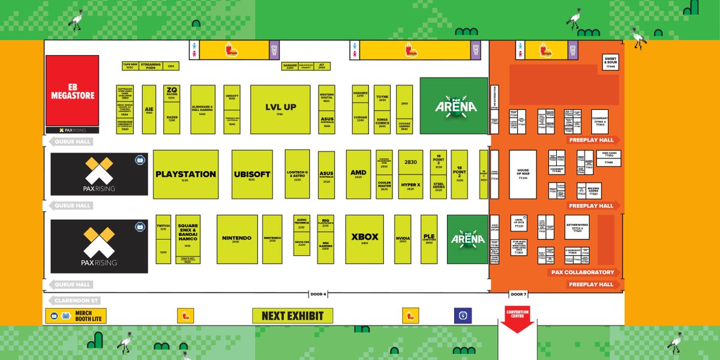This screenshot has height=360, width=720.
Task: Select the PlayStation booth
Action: (x=185, y=174)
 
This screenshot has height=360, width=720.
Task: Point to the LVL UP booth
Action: (x=280, y=109)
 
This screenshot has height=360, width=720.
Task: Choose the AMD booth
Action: (x=358, y=174)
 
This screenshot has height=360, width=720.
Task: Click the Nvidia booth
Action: (x=403, y=239)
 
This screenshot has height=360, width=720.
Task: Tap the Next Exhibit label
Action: (x=292, y=316)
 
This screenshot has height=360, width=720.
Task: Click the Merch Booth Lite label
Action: (x=76, y=316)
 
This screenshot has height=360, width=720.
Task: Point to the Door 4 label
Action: (x=318, y=295)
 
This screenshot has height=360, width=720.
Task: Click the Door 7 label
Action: (x=517, y=295)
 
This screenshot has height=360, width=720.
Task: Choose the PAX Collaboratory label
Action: (x=582, y=272)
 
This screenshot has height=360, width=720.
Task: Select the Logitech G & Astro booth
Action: (x=297, y=174)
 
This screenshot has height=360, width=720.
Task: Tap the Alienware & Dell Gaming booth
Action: (x=203, y=109)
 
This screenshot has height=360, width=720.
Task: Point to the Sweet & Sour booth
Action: (x=611, y=62)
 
